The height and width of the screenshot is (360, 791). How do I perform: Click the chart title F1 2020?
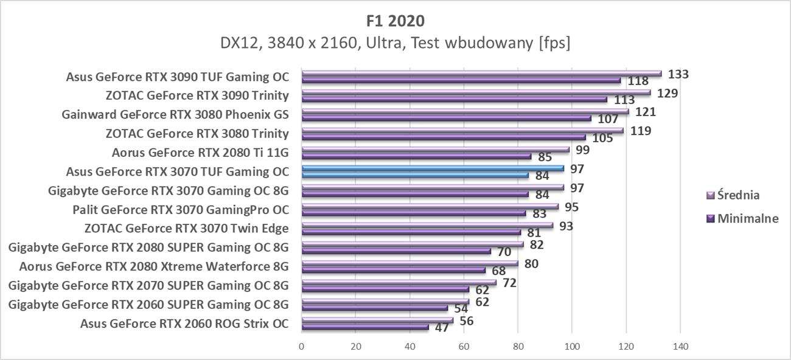coord(395,21)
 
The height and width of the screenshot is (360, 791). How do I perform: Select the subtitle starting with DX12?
coord(395,43)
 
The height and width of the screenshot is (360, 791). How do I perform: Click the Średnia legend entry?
coord(737,195)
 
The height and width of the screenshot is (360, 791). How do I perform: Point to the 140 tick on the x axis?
coord(680,347)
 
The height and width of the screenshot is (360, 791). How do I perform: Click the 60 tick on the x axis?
coord(464,347)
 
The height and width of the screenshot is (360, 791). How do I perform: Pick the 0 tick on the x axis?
coord(302,347)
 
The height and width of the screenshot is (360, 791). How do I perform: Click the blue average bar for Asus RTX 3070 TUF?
coord(432,168)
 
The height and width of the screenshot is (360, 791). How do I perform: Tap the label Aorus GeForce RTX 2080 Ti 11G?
coord(200,152)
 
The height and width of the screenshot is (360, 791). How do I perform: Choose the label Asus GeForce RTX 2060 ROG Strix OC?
coord(184,323)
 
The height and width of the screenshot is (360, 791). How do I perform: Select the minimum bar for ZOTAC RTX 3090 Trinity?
coord(454,99)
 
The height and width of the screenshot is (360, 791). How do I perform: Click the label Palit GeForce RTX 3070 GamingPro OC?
coord(180,209)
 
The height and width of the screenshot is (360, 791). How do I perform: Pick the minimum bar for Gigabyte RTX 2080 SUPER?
coord(396,251)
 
